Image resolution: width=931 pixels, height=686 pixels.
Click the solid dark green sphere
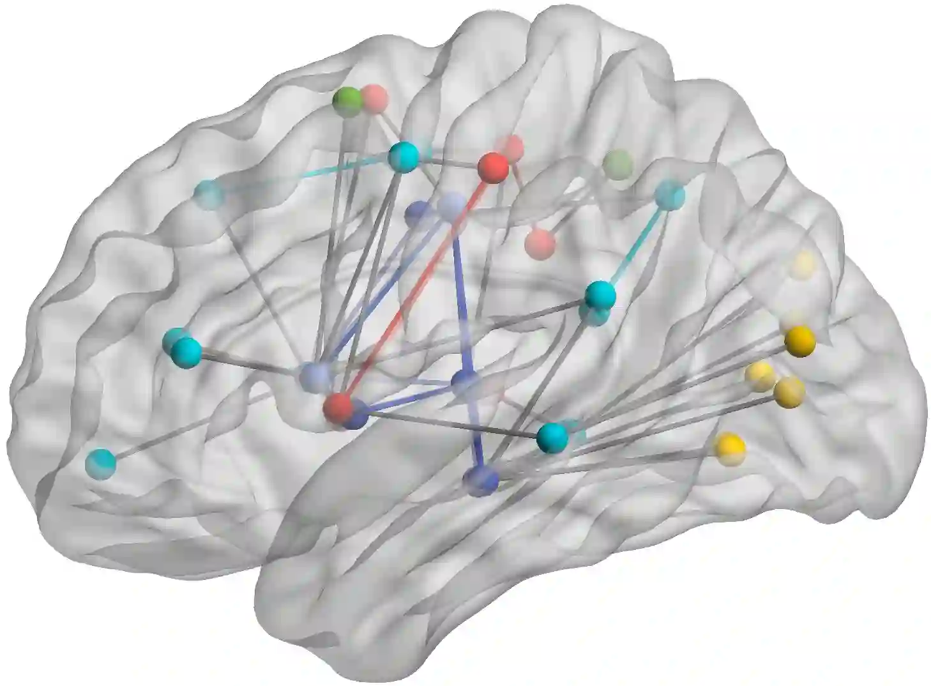[x=348, y=102]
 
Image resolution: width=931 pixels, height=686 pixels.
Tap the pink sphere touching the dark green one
[x=375, y=98]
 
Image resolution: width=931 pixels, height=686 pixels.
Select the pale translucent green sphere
[x=617, y=164]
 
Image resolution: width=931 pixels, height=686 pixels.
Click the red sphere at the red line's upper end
[x=494, y=167]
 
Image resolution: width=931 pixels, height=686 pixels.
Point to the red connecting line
[x=415, y=287]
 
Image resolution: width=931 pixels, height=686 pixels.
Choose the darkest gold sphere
[x=800, y=341]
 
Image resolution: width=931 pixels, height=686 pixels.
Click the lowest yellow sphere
[x=730, y=445]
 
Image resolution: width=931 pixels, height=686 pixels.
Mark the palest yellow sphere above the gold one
[x=802, y=264]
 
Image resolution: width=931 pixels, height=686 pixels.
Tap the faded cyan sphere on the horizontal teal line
[x=209, y=194]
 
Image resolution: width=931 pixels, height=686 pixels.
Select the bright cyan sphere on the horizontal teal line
[x=404, y=156]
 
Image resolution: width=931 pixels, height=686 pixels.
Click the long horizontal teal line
[x=307, y=176]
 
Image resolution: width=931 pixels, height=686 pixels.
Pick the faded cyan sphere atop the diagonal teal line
[x=670, y=194]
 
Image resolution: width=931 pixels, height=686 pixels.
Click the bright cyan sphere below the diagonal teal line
[x=600, y=294]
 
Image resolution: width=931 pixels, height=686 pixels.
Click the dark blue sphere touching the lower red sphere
[x=356, y=415]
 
